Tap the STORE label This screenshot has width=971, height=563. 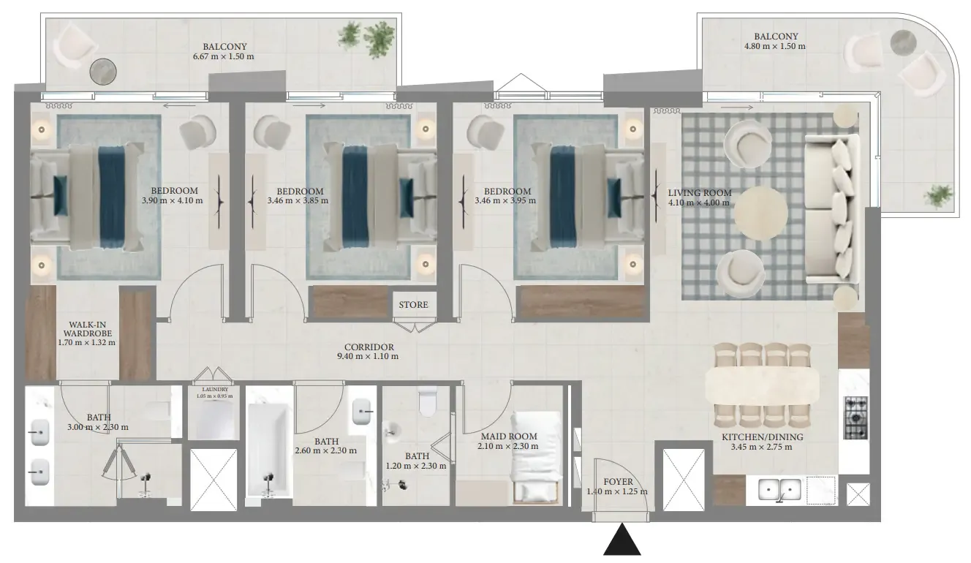[x=413, y=305]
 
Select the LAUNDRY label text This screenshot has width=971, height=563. [x=214, y=390]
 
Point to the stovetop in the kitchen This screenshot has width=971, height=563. [x=855, y=417]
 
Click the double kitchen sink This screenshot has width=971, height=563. [x=779, y=490]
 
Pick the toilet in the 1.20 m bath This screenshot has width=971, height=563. [x=428, y=401]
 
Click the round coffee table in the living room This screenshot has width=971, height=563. [x=760, y=214]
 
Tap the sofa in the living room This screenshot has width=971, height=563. [x=832, y=209]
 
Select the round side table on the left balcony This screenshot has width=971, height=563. [x=103, y=72]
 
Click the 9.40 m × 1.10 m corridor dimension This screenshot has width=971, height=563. [x=368, y=357]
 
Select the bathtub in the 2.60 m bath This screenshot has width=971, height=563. [x=270, y=450]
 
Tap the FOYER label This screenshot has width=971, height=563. [x=618, y=482]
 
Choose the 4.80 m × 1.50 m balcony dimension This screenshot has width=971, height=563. [x=775, y=46]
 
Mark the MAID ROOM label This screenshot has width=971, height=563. [x=509, y=437]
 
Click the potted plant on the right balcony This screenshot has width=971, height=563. [x=939, y=196]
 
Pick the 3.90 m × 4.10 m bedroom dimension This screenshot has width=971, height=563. [x=172, y=200]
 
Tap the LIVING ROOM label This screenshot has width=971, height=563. [x=699, y=193]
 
